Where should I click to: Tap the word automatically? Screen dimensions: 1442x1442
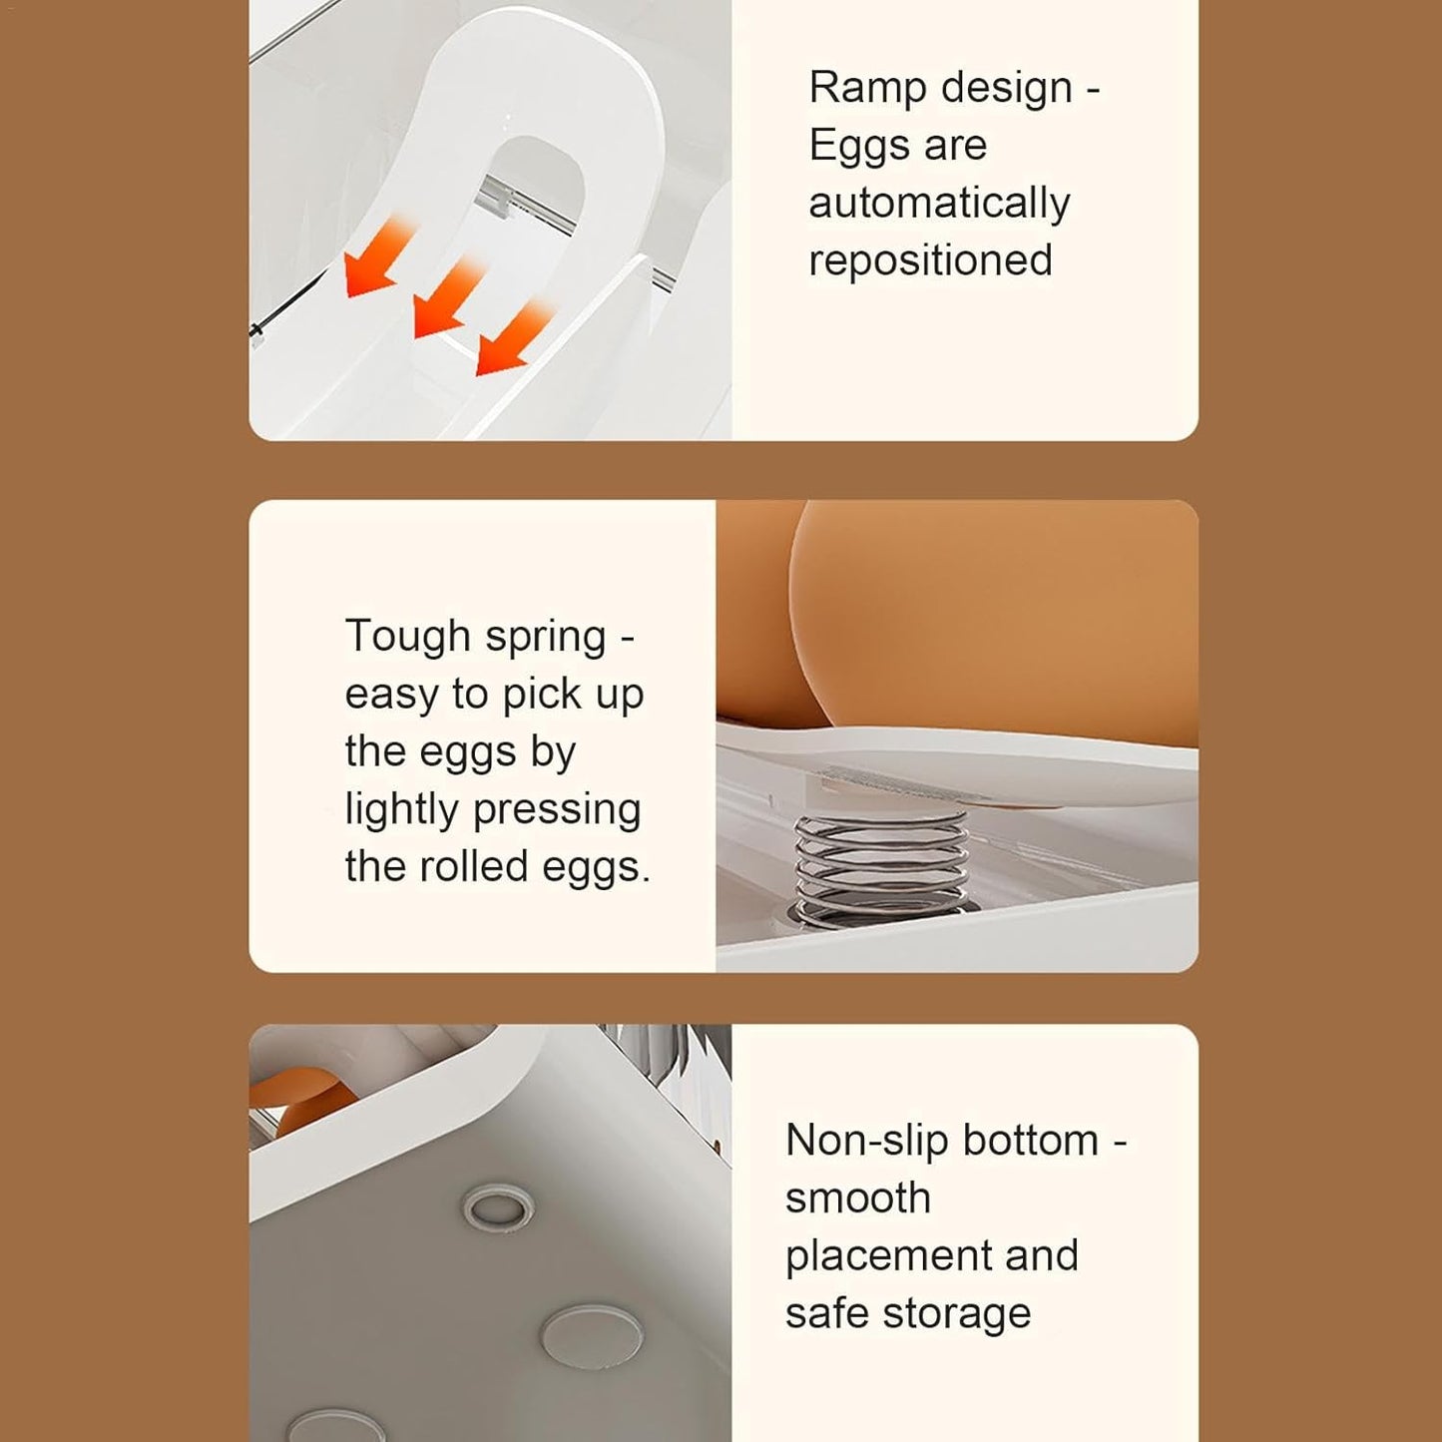click(939, 204)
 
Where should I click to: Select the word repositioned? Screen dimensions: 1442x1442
click(930, 260)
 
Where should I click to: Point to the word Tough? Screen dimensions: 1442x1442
click(407, 636)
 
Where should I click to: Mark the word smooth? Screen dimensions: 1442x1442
click(858, 1198)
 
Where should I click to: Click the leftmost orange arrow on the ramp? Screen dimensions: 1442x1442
click(377, 258)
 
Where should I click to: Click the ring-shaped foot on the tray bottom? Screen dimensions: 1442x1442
click(498, 1206)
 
